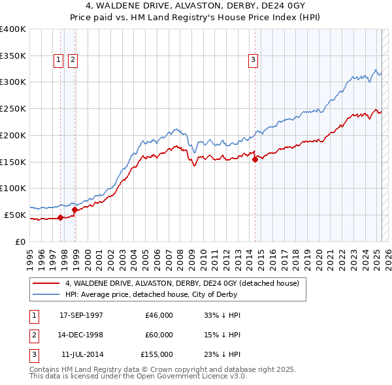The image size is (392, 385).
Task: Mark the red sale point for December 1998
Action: coord(75,209)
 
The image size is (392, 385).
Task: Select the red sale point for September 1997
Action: coord(61,217)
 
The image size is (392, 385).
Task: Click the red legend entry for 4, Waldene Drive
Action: coord(182,283)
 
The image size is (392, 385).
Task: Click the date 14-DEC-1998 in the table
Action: coord(81,335)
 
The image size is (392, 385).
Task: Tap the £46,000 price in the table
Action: coord(159,315)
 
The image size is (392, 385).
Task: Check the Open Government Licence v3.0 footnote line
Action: coord(138,377)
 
